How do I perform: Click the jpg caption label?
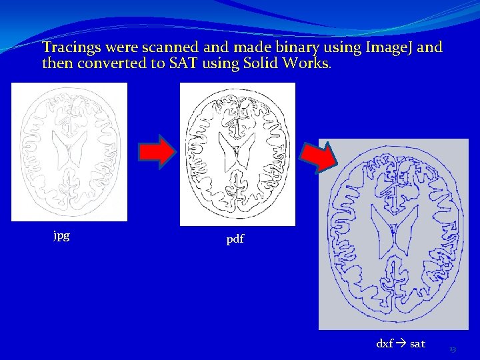[61, 235]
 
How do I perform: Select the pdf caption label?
[235, 239]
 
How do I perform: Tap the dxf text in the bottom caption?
[385, 344]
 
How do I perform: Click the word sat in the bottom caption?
[417, 344]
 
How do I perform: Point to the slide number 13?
[453, 349]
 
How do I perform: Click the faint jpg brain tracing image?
[69, 152]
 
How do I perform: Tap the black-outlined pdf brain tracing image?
[237, 154]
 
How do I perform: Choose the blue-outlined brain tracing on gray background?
[393, 234]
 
